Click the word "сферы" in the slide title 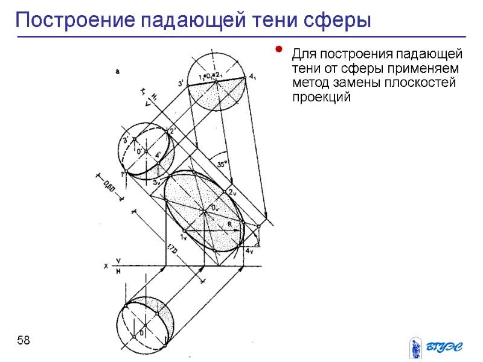[x=339, y=21]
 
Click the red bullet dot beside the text [x=278, y=49]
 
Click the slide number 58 [x=24, y=341]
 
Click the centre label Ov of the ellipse [x=215, y=208]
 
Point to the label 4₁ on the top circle [x=252, y=77]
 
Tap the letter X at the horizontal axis [x=106, y=265]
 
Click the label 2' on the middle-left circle [x=172, y=130]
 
